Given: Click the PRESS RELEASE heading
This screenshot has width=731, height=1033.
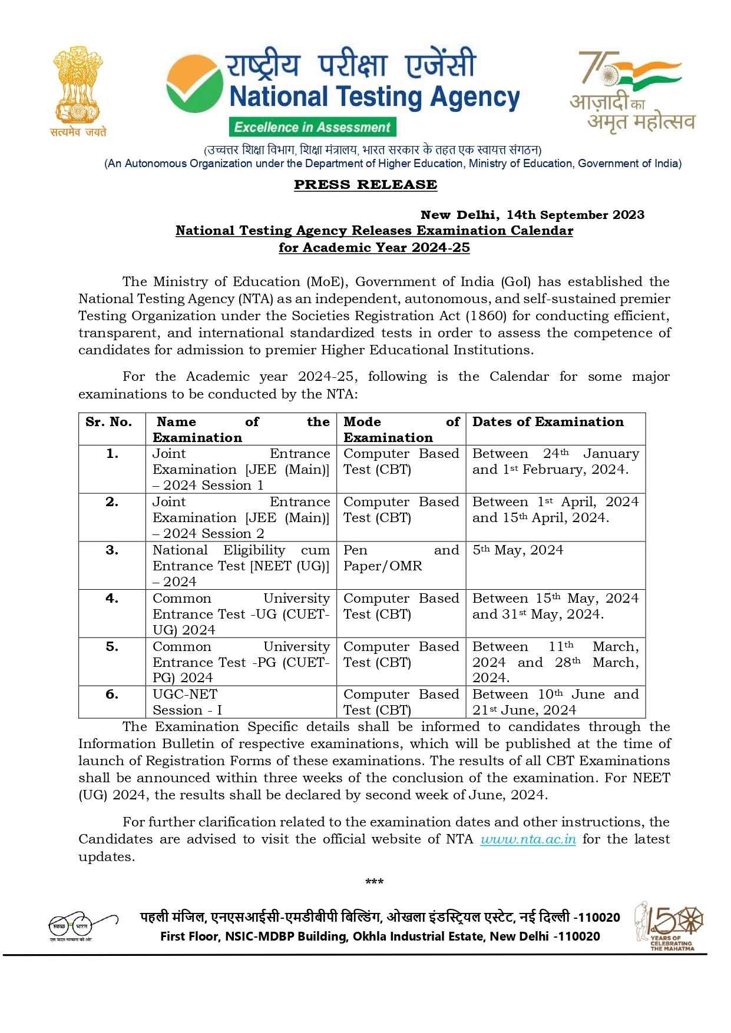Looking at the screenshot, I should [365, 184].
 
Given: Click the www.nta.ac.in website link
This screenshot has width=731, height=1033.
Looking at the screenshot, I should [528, 839].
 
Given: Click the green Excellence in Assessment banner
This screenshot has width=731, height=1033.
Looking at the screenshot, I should [312, 127].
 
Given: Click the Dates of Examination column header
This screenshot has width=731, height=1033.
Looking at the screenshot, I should [548, 422].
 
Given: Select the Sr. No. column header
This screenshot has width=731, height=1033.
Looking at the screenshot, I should [108, 422].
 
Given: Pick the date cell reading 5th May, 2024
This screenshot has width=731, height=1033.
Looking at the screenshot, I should [517, 550].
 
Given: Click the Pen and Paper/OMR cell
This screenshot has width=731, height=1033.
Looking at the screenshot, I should [401, 558].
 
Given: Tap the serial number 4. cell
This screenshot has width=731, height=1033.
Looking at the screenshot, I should [112, 599].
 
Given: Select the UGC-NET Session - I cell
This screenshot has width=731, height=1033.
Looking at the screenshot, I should [187, 702].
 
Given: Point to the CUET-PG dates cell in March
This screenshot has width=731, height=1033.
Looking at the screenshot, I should [555, 662].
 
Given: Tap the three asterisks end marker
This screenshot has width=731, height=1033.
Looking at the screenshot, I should [374, 882].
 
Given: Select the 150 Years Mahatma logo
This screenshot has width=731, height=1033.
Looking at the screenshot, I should [670, 925].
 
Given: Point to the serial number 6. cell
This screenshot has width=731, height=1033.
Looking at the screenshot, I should [112, 695].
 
